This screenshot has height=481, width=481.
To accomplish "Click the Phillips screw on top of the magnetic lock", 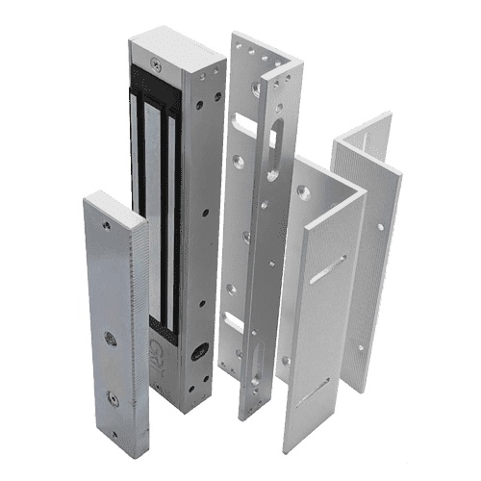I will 153,66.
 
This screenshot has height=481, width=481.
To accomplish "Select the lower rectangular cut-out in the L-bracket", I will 234,323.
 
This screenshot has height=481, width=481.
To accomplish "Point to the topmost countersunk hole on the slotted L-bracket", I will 255,90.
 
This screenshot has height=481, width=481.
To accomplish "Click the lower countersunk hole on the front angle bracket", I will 286,360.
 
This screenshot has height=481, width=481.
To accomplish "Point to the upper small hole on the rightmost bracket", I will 380,227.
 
